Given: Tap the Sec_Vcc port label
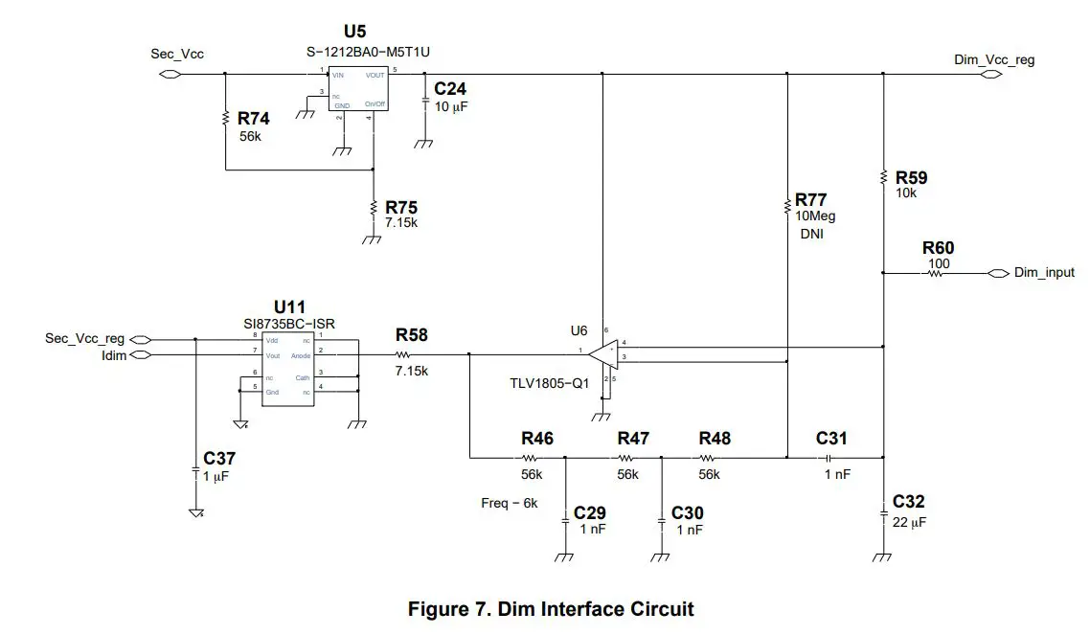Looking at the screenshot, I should [x=177, y=54].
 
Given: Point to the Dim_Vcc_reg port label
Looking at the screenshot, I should [x=994, y=59].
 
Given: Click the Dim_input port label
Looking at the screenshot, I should [x=1044, y=273].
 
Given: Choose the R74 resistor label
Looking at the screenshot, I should [x=254, y=119].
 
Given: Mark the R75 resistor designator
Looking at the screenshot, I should [x=401, y=207].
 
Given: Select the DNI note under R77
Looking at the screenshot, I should [x=812, y=233].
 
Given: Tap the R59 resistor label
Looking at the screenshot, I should [x=911, y=177].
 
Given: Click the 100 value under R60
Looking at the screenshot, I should [x=939, y=263].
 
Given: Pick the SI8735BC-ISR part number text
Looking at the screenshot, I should [x=290, y=324].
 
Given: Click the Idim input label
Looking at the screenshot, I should [x=112, y=354].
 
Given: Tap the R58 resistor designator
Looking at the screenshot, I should [x=412, y=335].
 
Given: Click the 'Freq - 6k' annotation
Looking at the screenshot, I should [x=510, y=503].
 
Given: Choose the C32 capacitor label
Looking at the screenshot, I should [x=909, y=502].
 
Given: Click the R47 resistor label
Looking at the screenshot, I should [x=633, y=438].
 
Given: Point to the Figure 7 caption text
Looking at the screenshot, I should [x=551, y=609].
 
